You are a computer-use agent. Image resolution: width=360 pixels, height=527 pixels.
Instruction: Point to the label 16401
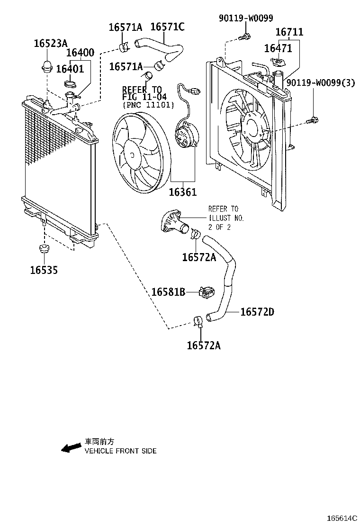click(x=70, y=69)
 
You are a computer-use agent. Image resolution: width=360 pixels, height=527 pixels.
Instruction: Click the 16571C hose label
click(x=167, y=27)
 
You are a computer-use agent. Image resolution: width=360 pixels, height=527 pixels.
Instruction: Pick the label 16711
click(x=289, y=32)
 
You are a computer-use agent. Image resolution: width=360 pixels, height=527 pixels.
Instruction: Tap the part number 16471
click(x=278, y=48)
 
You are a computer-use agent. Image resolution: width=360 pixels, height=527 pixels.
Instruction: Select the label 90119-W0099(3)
click(x=321, y=82)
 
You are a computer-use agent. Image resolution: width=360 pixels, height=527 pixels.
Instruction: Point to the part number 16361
click(x=182, y=192)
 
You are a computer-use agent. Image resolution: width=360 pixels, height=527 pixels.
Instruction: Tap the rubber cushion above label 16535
click(x=44, y=249)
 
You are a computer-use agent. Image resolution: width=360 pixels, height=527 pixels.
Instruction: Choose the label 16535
click(x=44, y=270)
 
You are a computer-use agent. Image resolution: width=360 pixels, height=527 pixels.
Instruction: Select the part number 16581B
click(x=168, y=292)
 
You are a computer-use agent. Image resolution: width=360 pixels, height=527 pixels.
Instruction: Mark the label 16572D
click(x=257, y=312)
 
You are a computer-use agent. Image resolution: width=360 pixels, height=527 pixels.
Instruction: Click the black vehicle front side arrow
click(x=71, y=447)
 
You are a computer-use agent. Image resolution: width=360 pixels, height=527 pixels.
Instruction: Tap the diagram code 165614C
click(x=341, y=519)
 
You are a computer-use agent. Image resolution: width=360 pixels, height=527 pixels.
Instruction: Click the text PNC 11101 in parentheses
click(x=148, y=105)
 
